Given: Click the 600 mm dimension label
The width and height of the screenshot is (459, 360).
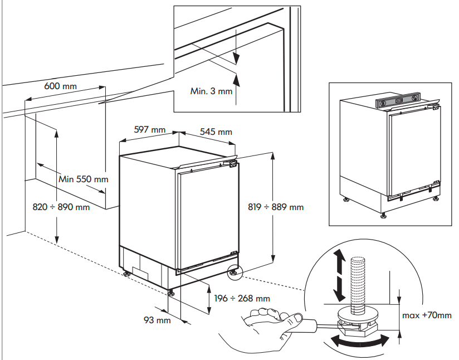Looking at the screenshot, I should [x=61, y=86].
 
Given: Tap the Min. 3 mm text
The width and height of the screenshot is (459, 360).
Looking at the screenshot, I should [x=211, y=91].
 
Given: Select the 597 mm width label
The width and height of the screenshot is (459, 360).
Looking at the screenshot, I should [x=150, y=130].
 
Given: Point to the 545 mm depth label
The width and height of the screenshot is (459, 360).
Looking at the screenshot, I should [x=216, y=132].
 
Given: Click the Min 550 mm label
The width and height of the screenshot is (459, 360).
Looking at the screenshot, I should [x=84, y=179].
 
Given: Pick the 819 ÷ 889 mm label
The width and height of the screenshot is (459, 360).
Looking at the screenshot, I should [x=276, y=207].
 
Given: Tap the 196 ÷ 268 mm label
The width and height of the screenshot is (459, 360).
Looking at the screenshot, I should [x=242, y=299].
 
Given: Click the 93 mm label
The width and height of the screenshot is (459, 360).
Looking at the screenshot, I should [x=157, y=320].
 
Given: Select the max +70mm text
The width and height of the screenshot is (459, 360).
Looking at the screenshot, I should [x=427, y=315].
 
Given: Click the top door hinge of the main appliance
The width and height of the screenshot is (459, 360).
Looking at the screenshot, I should [x=232, y=164].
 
